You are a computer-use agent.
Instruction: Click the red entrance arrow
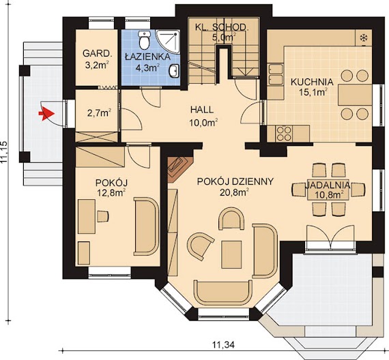tap(46, 114)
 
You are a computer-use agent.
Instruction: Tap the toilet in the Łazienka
tap(144, 40)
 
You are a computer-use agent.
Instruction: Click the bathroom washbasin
tap(174, 71)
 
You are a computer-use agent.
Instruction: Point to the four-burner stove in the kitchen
tap(284, 134)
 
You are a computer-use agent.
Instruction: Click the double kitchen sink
tap(276, 74)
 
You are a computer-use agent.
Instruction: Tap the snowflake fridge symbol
tap(364, 38)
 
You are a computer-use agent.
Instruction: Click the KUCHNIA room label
tap(312, 82)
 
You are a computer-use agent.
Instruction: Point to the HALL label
tap(202, 110)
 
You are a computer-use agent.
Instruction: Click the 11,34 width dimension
tap(222, 344)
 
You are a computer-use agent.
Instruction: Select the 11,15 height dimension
tap(4, 153)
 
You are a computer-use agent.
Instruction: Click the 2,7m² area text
tap(99, 113)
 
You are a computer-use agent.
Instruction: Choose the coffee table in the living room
tap(231, 254)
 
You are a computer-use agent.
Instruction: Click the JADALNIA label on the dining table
tap(328, 185)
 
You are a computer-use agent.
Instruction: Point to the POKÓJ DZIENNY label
tap(235, 181)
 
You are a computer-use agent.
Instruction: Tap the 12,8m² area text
tap(111, 192)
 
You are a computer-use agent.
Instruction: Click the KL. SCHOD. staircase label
tap(222, 27)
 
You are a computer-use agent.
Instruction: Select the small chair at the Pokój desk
tap(102, 216)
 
